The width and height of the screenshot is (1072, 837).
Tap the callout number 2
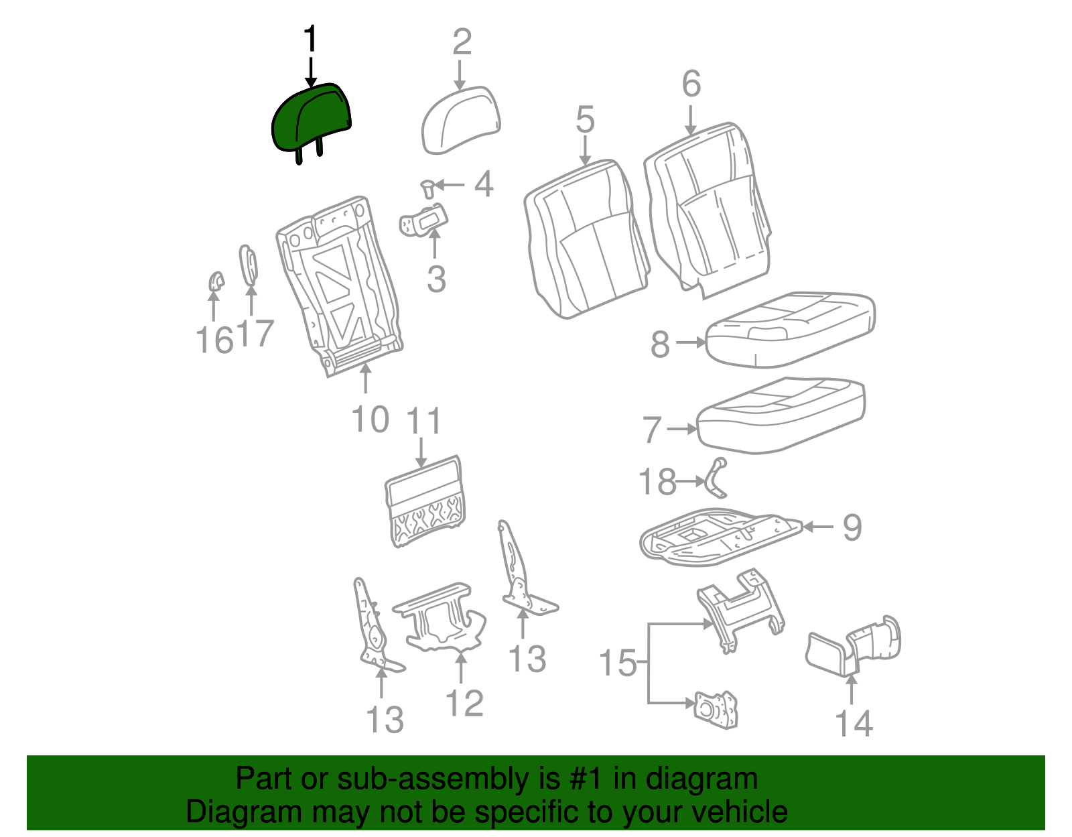click(x=462, y=42)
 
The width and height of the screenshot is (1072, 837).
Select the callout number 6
click(x=691, y=83)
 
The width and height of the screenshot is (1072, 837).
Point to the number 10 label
click(x=370, y=420)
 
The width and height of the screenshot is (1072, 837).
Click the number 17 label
click(x=255, y=333)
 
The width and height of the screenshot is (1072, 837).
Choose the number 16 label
click(x=214, y=340)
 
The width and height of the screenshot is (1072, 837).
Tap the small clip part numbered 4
click(x=427, y=190)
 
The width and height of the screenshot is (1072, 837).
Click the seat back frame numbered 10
click(x=340, y=286)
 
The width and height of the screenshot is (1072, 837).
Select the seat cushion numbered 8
click(x=791, y=330)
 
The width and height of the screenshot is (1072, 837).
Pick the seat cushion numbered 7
click(x=781, y=415)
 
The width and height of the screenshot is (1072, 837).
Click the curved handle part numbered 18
click(x=716, y=478)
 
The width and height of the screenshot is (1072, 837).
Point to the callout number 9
click(x=852, y=527)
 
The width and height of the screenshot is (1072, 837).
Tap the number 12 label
click(x=464, y=703)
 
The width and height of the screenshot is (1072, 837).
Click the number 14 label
click(x=854, y=724)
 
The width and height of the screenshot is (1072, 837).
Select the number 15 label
click(x=618, y=662)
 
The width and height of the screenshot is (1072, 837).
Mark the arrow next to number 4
click(x=450, y=185)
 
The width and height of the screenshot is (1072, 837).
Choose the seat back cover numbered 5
click(x=586, y=239)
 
